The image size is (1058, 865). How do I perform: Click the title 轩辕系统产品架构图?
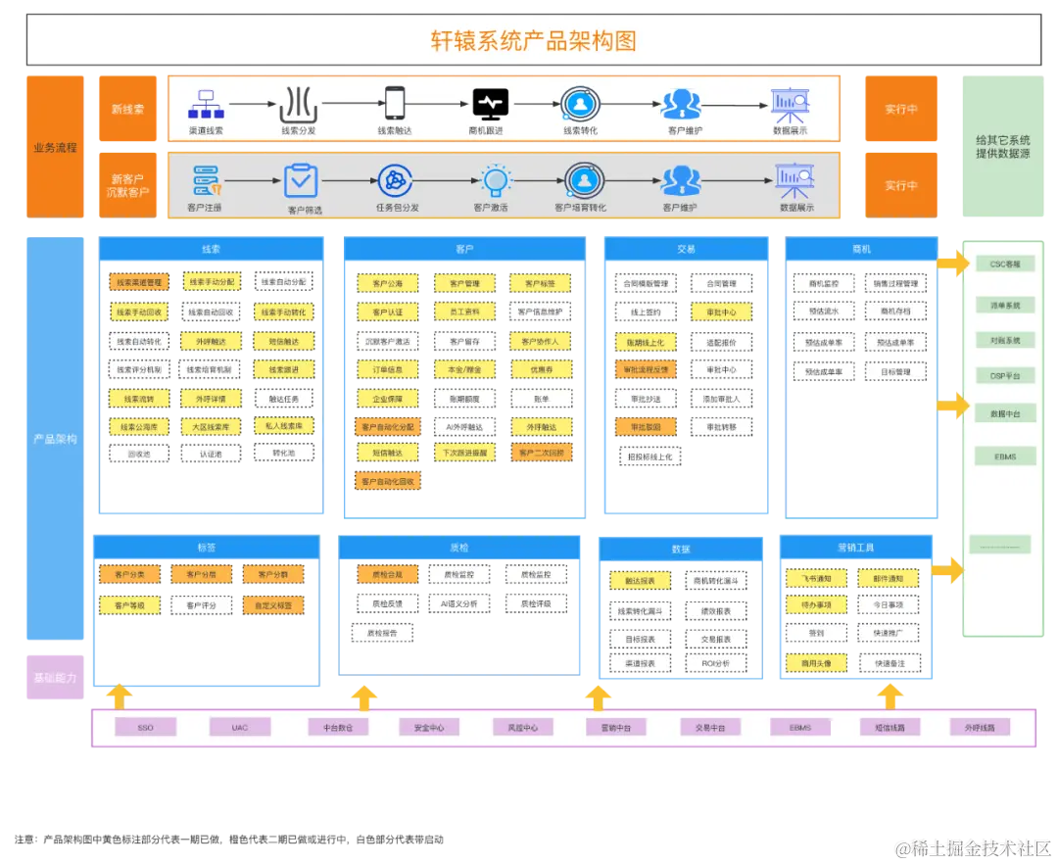pos(533,40)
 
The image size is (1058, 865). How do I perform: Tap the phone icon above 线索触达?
pos(395,102)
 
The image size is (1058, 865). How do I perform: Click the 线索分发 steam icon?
pos(299,102)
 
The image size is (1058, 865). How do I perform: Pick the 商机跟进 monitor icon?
pos(489,102)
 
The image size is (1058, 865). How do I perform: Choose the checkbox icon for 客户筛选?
pos(301,180)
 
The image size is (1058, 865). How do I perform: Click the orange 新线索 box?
pos(127,109)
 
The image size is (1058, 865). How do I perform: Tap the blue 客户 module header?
pos(463,249)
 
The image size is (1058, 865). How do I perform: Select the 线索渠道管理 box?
pos(138,282)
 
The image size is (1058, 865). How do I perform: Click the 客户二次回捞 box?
pos(540,453)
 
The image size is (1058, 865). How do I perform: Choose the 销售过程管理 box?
pos(895,283)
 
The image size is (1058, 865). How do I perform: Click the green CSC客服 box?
pos(1004,264)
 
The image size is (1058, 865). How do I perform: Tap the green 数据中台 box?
pos(1004,414)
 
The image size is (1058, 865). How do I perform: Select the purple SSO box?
pos(145,728)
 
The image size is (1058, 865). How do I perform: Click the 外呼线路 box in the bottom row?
pos(979,728)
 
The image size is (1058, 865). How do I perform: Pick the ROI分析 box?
pos(716,663)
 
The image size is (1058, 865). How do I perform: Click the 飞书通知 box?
pos(815,579)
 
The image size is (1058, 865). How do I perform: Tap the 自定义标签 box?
pos(273,605)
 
